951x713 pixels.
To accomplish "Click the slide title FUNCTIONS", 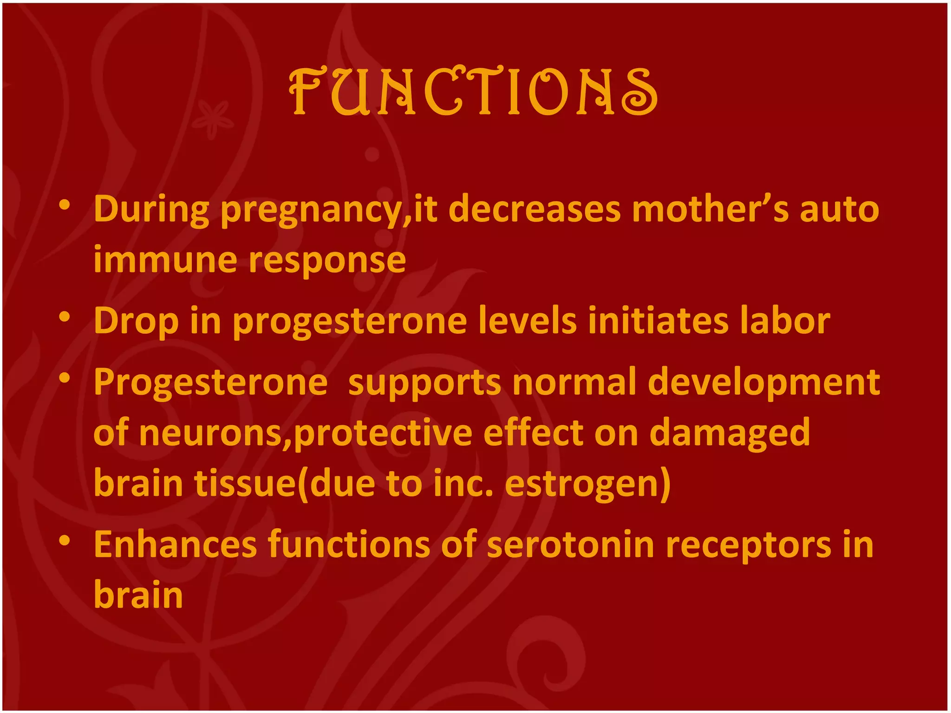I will [x=473, y=92].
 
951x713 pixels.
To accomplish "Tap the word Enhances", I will [x=175, y=544].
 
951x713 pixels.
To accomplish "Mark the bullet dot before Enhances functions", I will [x=65, y=540].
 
